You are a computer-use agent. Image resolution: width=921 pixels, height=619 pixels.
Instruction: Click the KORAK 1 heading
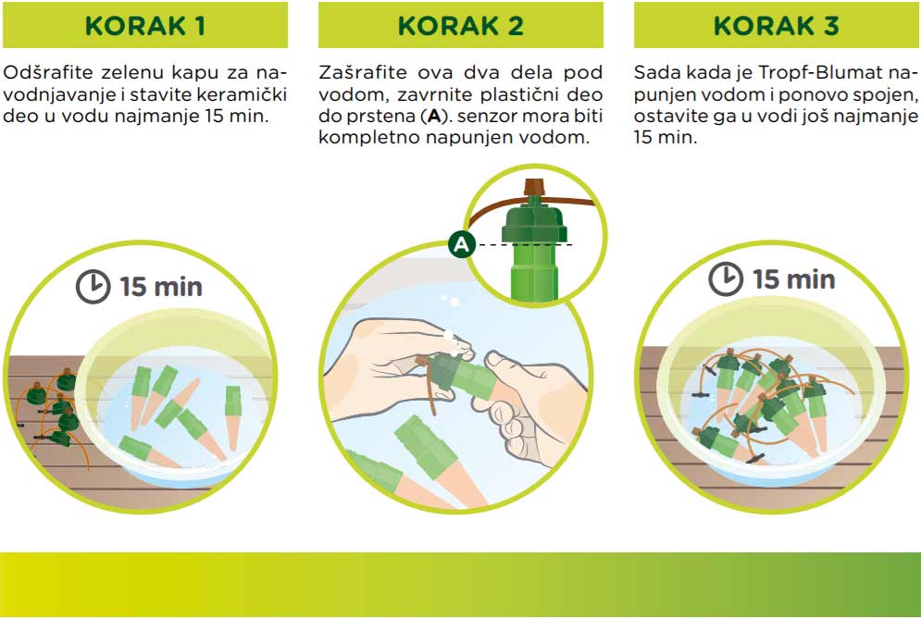144,26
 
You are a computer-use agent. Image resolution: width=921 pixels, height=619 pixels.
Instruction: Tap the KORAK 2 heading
460,26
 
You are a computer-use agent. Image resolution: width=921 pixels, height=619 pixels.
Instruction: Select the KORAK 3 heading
776,26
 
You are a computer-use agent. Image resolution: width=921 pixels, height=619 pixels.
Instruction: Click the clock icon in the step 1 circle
93,287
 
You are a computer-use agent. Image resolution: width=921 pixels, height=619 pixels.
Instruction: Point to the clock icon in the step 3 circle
726,279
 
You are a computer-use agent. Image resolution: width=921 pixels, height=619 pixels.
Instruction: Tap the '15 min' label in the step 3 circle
793,278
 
